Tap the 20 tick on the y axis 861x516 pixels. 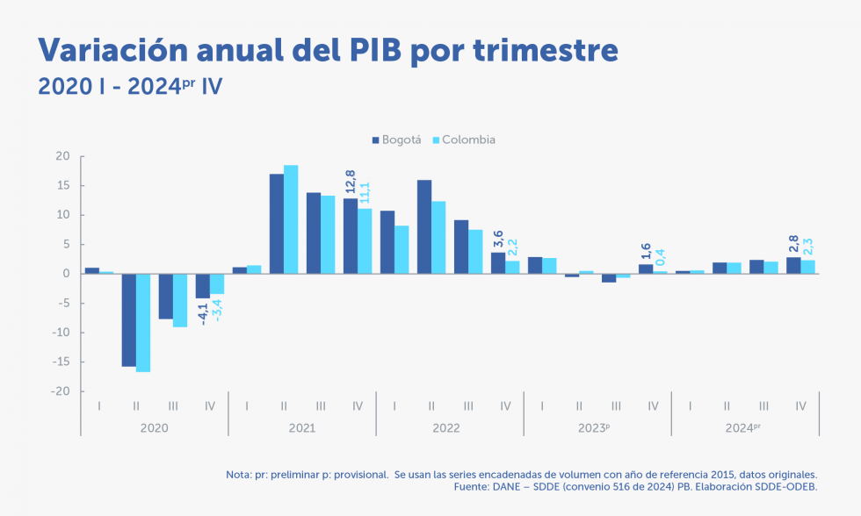point(62,156)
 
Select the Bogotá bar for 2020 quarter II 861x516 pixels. point(129,320)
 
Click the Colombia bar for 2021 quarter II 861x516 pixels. point(291,219)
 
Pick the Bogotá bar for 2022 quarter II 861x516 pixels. point(424,227)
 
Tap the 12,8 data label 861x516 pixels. point(351,183)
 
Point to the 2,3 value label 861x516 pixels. point(807,246)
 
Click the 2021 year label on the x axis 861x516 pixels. point(301,427)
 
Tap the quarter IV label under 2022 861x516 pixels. point(505,405)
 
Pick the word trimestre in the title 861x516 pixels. point(546,50)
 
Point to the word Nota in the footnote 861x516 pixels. point(237,474)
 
